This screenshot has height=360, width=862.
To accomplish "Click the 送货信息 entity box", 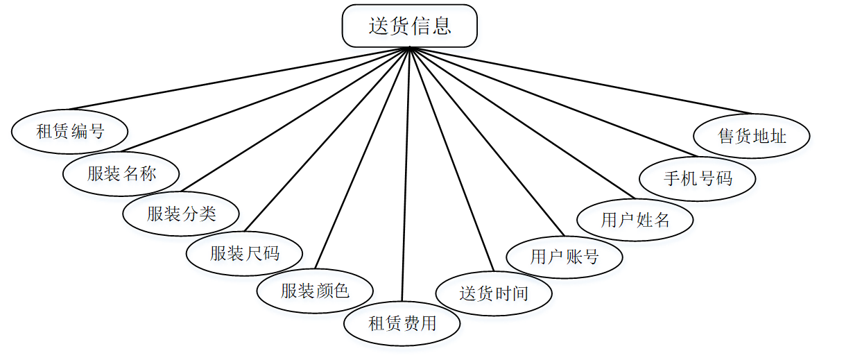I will [x=409, y=26].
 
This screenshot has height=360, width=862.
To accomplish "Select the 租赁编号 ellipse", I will [x=70, y=130].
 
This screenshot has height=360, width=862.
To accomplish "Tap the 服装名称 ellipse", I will [x=121, y=173].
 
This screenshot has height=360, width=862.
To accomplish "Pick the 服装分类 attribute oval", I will [x=181, y=213].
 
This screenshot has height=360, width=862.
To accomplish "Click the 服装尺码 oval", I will [x=244, y=253].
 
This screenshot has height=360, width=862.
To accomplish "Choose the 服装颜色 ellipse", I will [x=315, y=290].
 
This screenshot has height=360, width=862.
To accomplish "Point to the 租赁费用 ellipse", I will [x=402, y=323].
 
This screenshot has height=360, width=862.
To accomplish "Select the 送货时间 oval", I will [x=494, y=293].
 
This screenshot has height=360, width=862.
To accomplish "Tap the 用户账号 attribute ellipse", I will [x=564, y=257].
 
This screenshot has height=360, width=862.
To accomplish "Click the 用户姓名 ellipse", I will [x=635, y=220].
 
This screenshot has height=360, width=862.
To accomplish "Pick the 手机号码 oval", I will [x=698, y=178].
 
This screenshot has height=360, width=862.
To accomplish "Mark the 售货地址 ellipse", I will [x=752, y=136].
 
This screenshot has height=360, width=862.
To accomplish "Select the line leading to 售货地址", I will [x=581, y=80].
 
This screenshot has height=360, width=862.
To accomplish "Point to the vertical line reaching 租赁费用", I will [x=406, y=173].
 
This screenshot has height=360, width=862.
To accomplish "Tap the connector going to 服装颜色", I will [x=363, y=157].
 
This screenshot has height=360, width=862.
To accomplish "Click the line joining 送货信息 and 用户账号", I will [x=488, y=142].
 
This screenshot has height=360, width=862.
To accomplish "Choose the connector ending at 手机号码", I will [x=553, y=101].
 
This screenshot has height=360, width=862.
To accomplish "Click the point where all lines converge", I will [x=411, y=48].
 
